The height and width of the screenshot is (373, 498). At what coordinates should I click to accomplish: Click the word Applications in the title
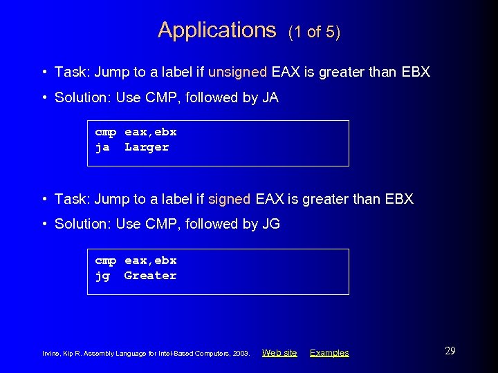pos(216,30)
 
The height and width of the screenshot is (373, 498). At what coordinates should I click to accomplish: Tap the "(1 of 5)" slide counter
pos(315,32)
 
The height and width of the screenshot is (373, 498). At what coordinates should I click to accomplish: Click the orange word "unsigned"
pos(237,72)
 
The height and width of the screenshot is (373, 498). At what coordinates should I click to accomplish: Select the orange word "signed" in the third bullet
pos(229,199)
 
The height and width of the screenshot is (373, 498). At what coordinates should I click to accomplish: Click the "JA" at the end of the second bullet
pos(270,97)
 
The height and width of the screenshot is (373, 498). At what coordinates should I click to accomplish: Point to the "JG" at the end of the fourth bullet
pos(270,224)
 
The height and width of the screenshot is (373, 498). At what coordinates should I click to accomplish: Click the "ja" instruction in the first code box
pos(102,147)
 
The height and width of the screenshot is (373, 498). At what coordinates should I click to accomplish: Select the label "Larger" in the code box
pos(147,147)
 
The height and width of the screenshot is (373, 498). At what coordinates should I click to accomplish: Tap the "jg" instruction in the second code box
pos(102,276)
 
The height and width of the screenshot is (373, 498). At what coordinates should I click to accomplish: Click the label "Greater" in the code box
pos(150,276)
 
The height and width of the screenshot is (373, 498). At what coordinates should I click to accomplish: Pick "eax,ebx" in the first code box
pos(150,132)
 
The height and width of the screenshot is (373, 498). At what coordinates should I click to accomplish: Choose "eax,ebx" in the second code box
pos(150,260)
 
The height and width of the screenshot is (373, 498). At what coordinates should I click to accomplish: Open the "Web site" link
pos(279,353)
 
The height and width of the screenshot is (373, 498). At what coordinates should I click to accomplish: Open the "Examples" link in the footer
pos(329,353)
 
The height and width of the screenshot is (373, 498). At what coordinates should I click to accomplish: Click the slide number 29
pos(450,351)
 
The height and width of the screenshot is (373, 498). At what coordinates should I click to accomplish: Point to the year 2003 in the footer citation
pos(241,354)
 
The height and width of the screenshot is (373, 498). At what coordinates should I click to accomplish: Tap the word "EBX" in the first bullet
pos(414,72)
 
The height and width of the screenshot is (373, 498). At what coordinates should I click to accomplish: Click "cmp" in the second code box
pos(105,260)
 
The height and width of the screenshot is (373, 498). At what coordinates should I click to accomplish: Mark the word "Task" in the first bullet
pos(69,72)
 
